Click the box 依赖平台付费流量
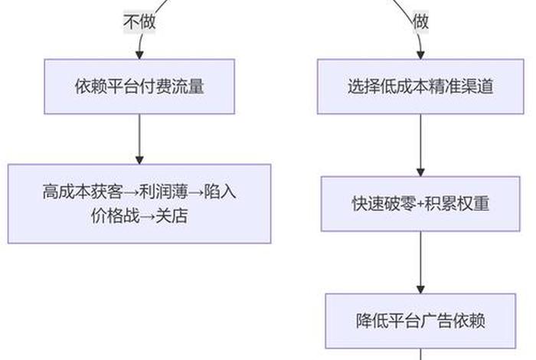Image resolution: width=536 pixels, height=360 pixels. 139,87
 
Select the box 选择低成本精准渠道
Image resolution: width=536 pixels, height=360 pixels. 420,87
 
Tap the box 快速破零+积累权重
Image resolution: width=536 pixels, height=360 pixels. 420,204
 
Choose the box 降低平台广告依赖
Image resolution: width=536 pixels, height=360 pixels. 420,321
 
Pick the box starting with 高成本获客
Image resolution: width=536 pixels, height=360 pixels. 139,204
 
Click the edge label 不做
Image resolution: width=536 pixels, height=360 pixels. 139,22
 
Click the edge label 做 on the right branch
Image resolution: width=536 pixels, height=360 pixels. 420,22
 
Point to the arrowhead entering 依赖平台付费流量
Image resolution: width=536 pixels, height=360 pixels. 139,55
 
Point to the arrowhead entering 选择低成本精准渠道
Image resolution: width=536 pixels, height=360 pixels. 420,55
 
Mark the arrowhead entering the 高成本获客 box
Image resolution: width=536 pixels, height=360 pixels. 139,159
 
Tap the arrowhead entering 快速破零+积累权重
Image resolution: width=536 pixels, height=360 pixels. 420,172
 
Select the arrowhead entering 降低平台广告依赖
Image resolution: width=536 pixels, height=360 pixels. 420,289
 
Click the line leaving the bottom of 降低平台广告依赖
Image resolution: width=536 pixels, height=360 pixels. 420,354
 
